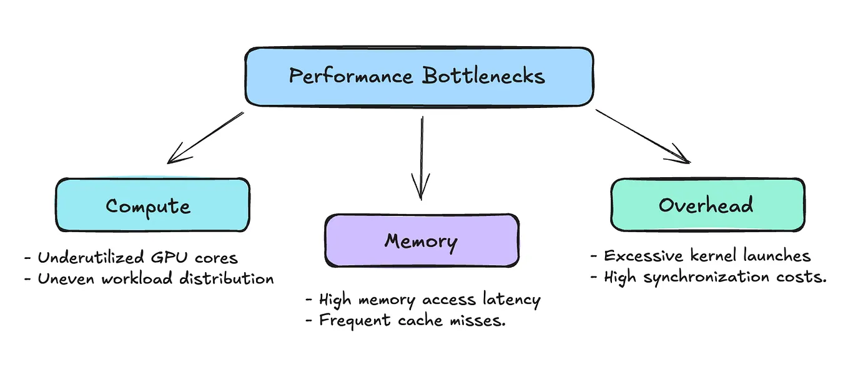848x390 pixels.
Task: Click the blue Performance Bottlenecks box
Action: pyautogui.click(x=418, y=77)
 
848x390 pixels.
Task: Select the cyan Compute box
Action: pyautogui.click(x=152, y=205)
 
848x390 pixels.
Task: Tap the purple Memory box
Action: pyautogui.click(x=421, y=241)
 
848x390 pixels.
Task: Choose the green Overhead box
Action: pyautogui.click(x=706, y=205)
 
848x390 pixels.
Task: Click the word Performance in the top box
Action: pyautogui.click(x=350, y=76)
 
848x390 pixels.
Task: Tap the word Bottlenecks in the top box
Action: pyautogui.click(x=483, y=76)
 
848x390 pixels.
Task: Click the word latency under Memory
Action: pyautogui.click(x=511, y=300)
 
